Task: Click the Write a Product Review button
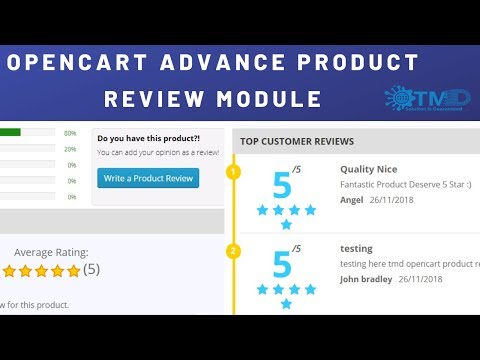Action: [x=148, y=178]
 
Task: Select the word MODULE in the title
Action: [x=271, y=99]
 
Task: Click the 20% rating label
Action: [x=70, y=149]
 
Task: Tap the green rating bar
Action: [x=10, y=132]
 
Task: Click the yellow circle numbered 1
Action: [x=234, y=172]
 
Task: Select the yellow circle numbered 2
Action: [x=234, y=251]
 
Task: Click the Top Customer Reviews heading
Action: [x=297, y=141]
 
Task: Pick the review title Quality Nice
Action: [x=370, y=169]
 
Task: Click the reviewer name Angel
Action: [x=352, y=198]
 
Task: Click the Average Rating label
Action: [x=51, y=252]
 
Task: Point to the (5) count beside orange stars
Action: [x=91, y=270]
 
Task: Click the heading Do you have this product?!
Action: [x=148, y=138]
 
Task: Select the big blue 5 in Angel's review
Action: [x=282, y=185]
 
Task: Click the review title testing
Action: [x=356, y=248]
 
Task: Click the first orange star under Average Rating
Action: [x=10, y=270]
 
